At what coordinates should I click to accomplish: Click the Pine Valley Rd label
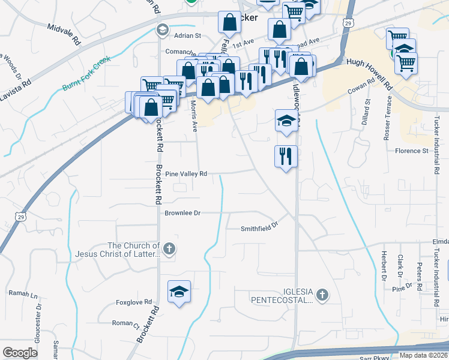point(185,174)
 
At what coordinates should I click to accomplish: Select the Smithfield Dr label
point(260,227)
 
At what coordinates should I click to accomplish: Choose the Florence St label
point(411,151)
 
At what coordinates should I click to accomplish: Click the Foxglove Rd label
point(134,304)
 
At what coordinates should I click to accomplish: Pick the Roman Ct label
point(126,323)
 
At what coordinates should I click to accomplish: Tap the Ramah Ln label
point(23,295)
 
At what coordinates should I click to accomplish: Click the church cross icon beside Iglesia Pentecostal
point(323,295)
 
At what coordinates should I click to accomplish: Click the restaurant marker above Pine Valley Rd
point(286,157)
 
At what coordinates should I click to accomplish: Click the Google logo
point(20,353)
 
